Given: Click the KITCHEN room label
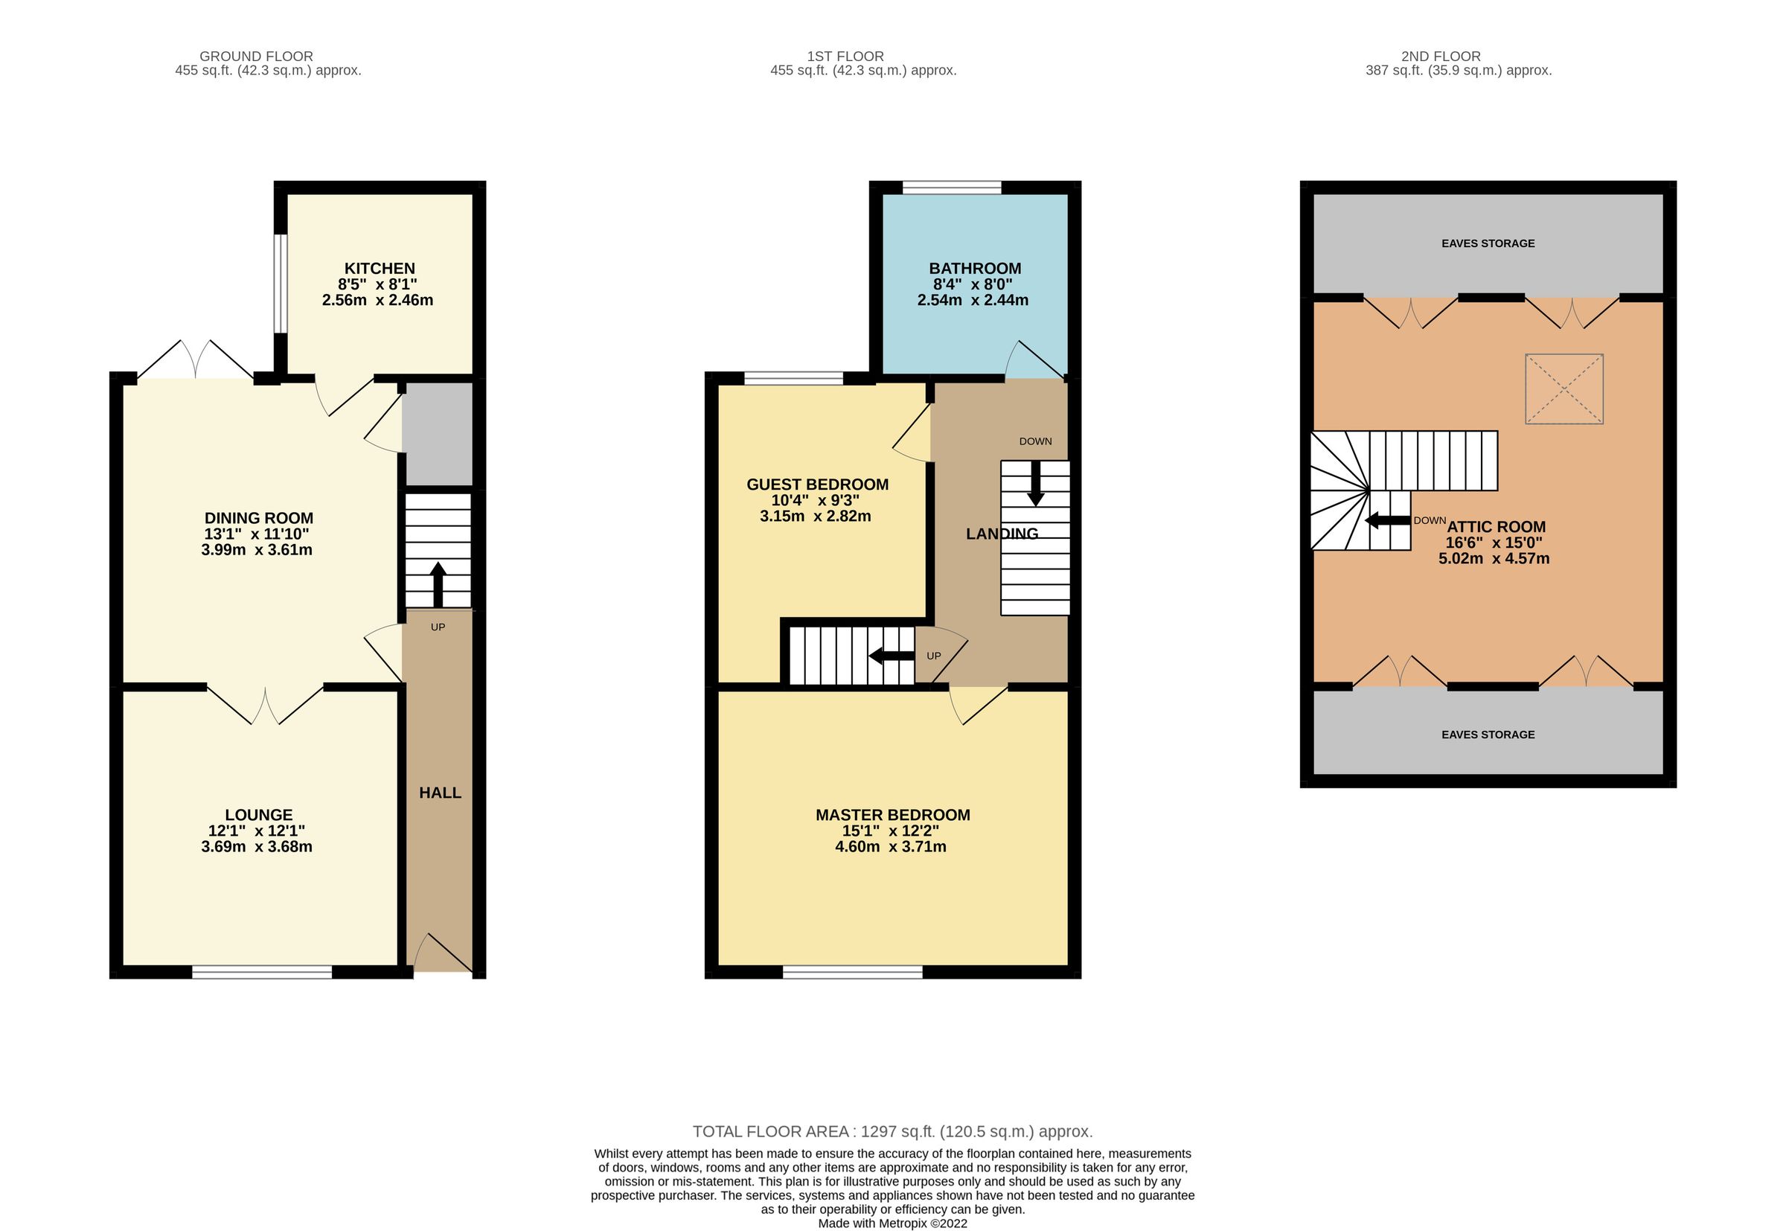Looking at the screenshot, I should tap(379, 269).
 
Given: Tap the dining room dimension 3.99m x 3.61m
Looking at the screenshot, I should tap(257, 550).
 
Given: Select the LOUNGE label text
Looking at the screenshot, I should tap(258, 814).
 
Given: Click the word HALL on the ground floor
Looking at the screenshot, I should tap(440, 793).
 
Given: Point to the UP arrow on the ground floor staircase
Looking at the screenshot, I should tap(438, 584).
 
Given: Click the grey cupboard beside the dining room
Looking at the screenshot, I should tap(438, 434).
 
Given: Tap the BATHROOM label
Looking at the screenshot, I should tap(974, 269).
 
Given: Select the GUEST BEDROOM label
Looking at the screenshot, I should tap(816, 485).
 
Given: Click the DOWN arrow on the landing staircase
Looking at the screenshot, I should tap(1035, 484).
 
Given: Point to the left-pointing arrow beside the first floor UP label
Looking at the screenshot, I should tap(892, 656).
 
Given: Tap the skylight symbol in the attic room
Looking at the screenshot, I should tap(1563, 389).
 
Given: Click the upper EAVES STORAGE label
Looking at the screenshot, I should tap(1488, 243).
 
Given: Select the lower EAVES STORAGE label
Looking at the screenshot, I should tap(1488, 735).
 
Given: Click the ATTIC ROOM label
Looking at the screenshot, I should tap(1495, 527).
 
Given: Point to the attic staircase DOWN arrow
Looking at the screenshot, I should tap(1387, 521).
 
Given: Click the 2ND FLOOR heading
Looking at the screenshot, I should tap(1440, 57).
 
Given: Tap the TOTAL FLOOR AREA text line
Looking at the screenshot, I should tap(892, 1131).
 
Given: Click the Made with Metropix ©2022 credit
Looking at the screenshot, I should tap(892, 1224).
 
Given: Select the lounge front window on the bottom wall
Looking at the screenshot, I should tap(261, 972).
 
